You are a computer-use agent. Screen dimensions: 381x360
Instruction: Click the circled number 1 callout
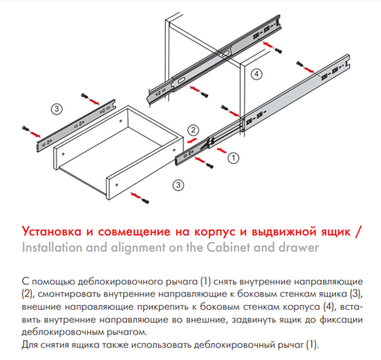[233, 158]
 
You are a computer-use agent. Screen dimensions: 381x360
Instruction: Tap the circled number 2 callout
[193, 130]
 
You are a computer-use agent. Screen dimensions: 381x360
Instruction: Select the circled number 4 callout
[256, 74]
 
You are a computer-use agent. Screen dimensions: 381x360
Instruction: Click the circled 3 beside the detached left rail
[56, 109]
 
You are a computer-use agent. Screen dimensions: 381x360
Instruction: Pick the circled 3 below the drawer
[178, 184]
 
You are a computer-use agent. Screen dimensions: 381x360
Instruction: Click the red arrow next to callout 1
[221, 150]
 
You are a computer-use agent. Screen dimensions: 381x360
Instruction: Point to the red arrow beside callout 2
[192, 140]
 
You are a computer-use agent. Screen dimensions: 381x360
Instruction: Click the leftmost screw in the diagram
[25, 129]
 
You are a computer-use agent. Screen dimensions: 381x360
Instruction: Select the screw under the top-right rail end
[278, 51]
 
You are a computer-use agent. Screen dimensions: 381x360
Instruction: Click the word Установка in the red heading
[52, 231]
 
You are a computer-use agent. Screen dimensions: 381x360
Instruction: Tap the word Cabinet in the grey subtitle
[228, 247]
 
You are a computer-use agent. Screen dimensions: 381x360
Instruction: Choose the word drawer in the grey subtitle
[298, 247]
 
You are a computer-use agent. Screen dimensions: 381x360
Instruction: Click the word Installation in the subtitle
[52, 247]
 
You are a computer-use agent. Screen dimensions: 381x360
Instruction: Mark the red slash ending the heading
[358, 231]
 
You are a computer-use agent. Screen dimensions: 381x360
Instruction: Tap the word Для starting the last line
[29, 345]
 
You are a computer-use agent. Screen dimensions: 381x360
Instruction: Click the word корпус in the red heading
[214, 232]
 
